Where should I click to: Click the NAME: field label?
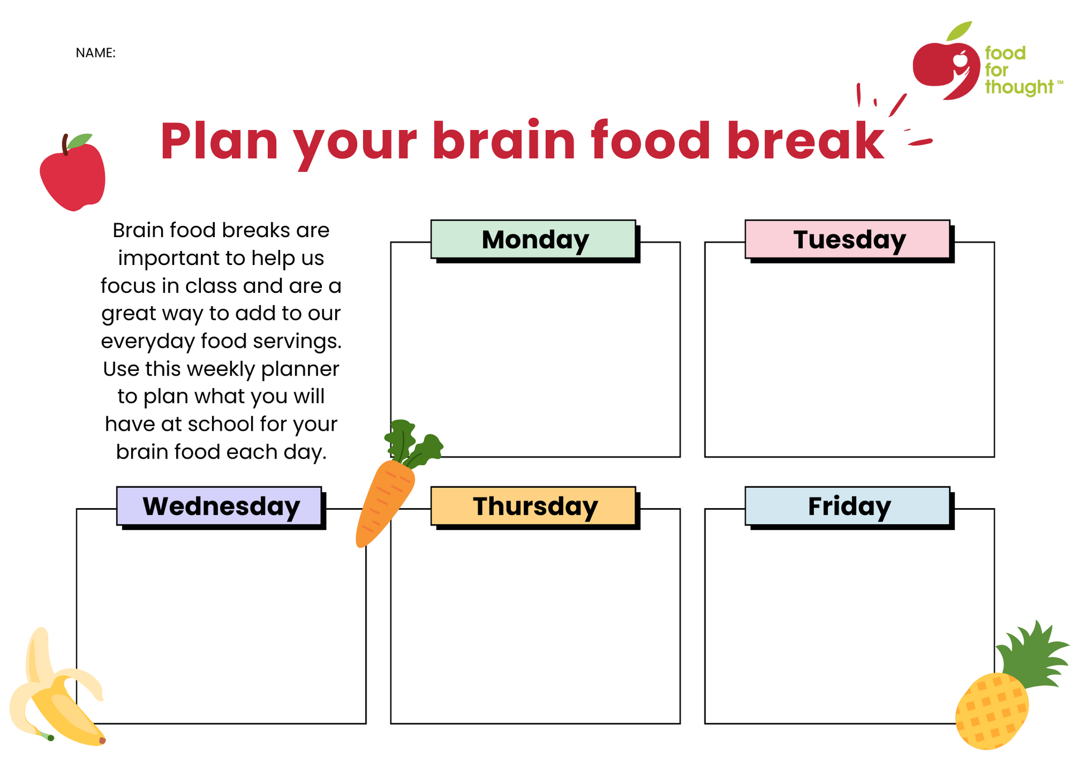95,53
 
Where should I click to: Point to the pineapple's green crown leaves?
1033,655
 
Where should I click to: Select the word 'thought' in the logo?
1019,88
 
